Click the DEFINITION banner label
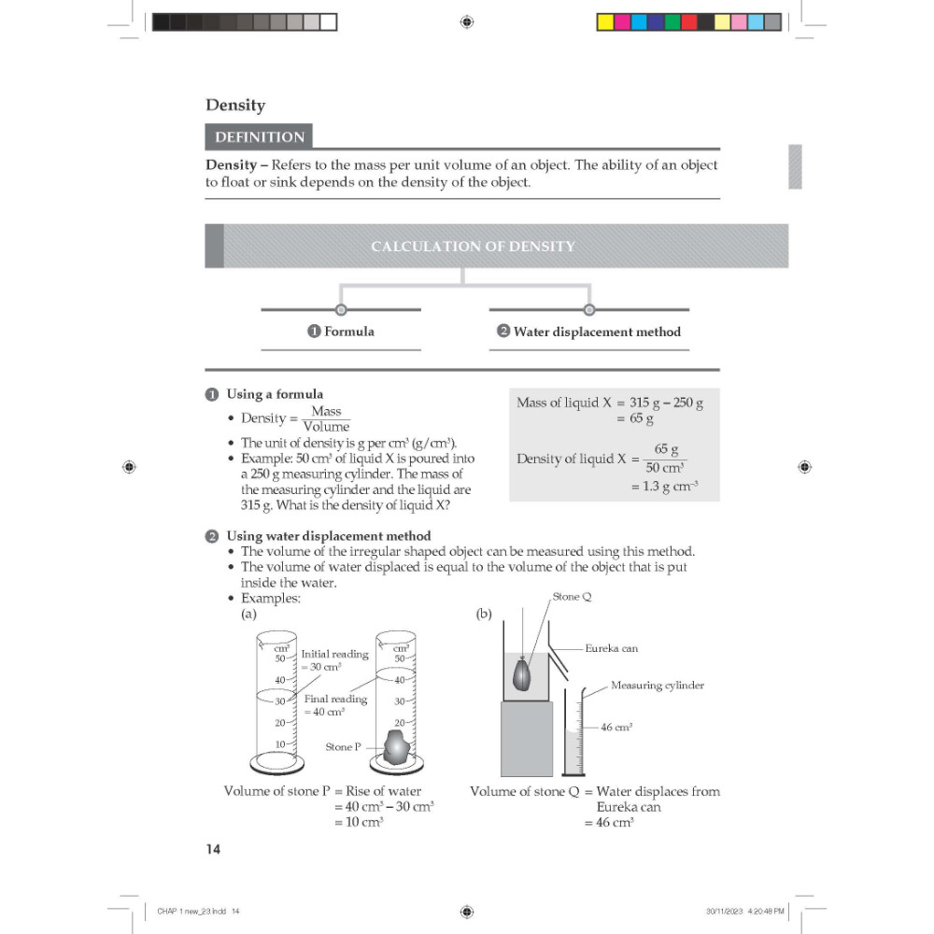pyautogui.click(x=260, y=137)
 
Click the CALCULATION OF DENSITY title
pyautogui.click(x=473, y=246)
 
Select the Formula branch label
pyautogui.click(x=341, y=332)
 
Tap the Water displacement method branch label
pyautogui.click(x=589, y=332)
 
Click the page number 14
pyautogui.click(x=213, y=849)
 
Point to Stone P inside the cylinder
pyautogui.click(x=395, y=746)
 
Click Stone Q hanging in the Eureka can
pyautogui.click(x=522, y=674)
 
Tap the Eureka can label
pyautogui.click(x=611, y=648)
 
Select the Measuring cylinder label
pyautogui.click(x=657, y=685)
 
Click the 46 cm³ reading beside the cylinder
pyautogui.click(x=616, y=727)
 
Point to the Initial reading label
pyautogui.click(x=334, y=654)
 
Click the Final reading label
pyautogui.click(x=335, y=699)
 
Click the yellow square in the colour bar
pyautogui.click(x=605, y=22)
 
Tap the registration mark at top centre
pyautogui.click(x=467, y=22)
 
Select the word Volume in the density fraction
pyautogui.click(x=326, y=427)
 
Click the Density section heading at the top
pyautogui.click(x=235, y=106)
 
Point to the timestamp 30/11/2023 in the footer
pyautogui.click(x=725, y=911)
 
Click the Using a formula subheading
pyautogui.click(x=275, y=394)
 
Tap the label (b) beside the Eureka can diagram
pyautogui.click(x=484, y=614)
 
